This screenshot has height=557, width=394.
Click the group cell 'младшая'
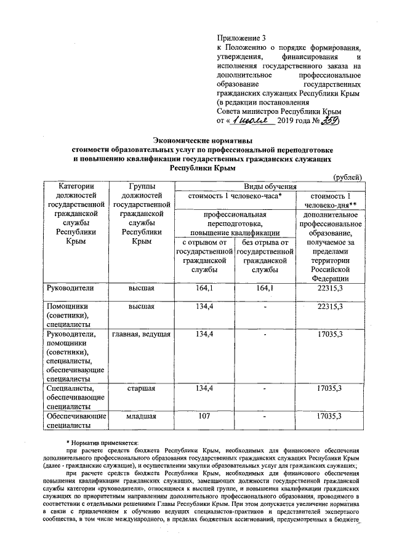(x=140, y=417)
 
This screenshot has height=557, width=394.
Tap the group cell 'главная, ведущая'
(x=140, y=334)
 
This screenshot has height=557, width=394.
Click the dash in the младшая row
(x=264, y=417)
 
